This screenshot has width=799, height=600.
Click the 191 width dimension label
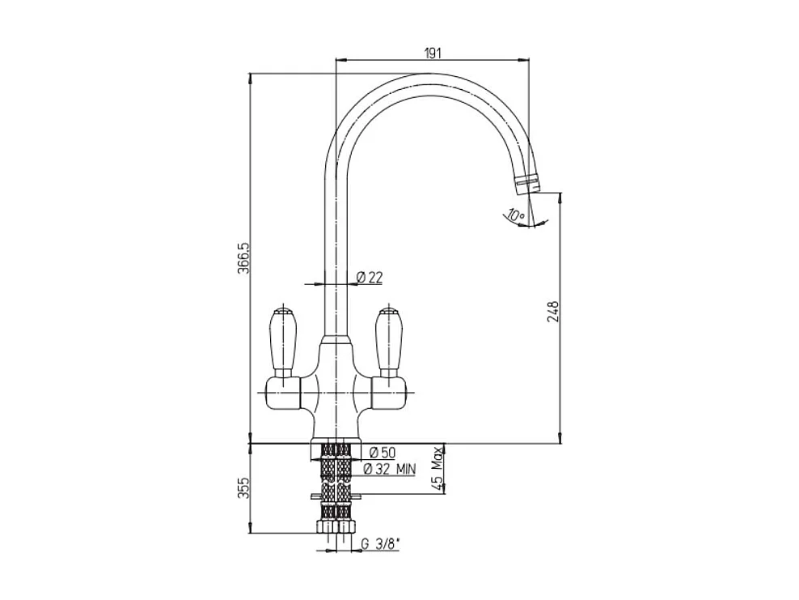click(x=432, y=53)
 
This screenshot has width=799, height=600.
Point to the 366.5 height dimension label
click(x=243, y=258)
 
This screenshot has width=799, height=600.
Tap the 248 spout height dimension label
click(x=553, y=312)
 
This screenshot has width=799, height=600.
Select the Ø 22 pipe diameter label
click(x=370, y=277)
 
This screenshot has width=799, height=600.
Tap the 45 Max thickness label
click(x=437, y=468)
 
